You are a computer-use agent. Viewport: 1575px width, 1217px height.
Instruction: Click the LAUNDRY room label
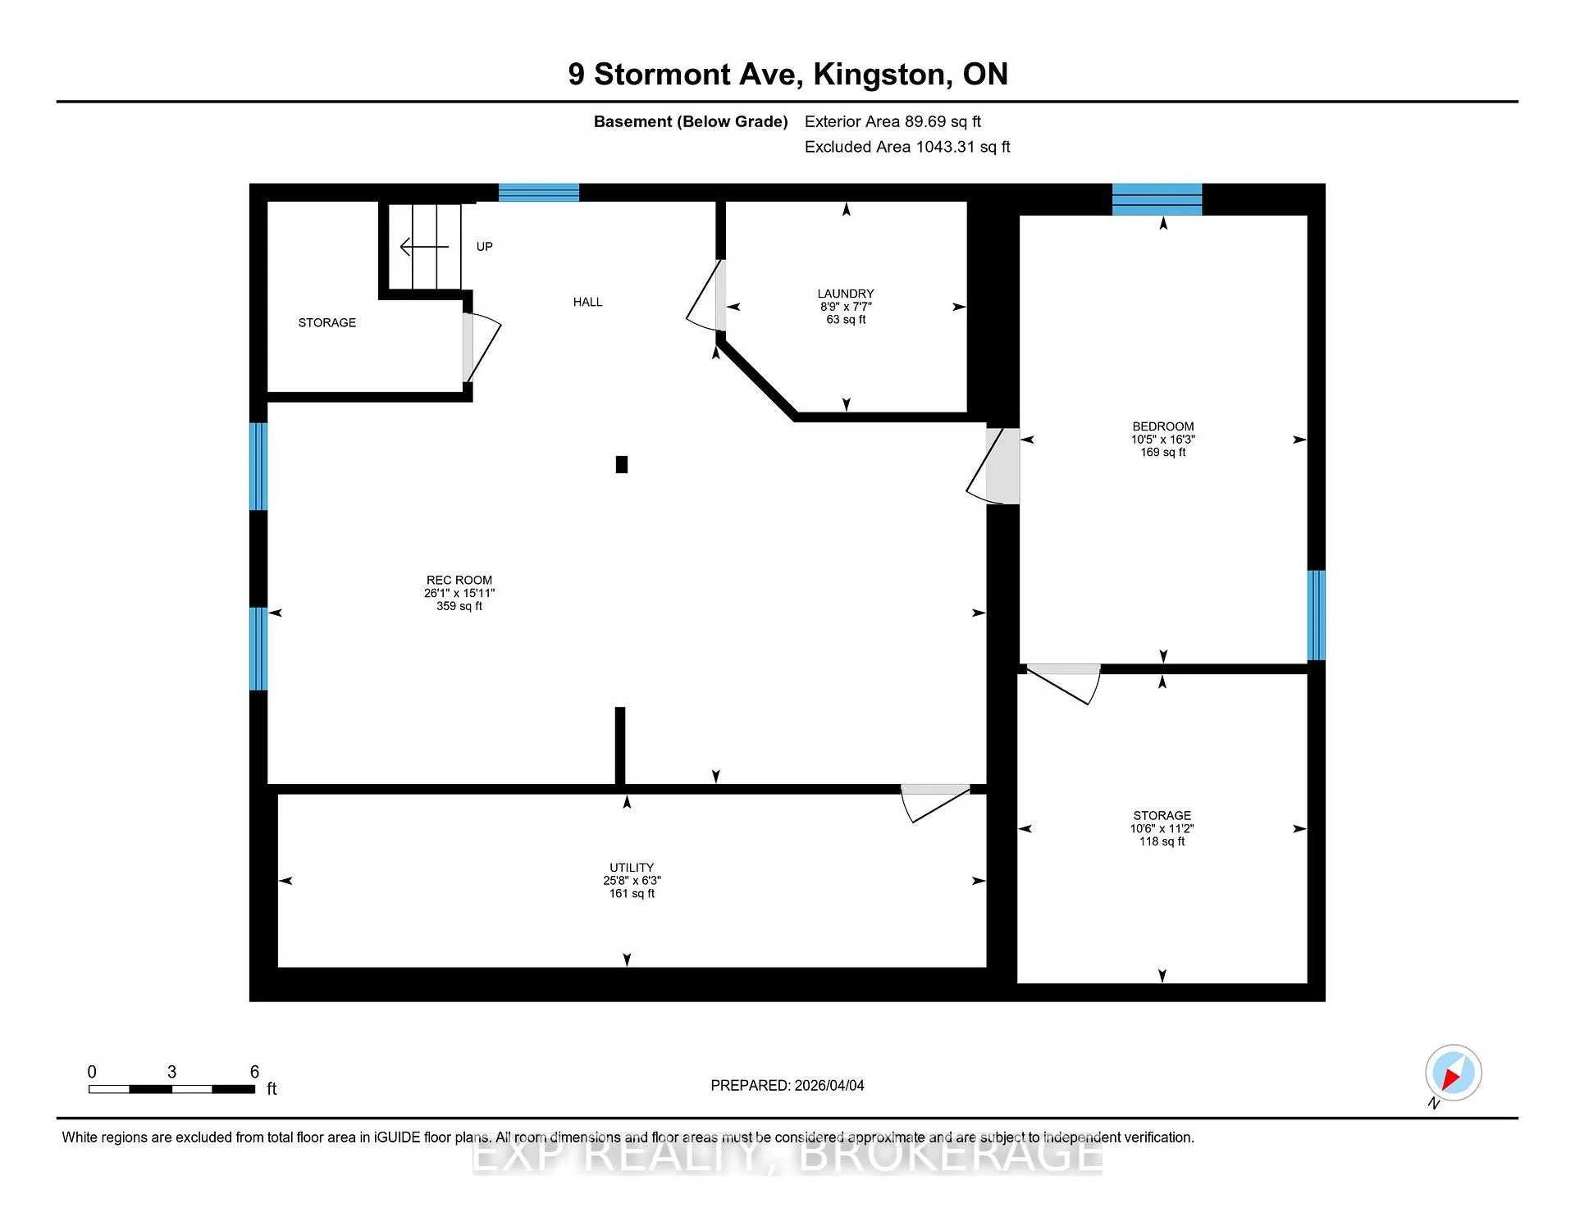coord(846,294)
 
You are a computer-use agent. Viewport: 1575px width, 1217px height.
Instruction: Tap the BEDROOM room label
coord(1163,426)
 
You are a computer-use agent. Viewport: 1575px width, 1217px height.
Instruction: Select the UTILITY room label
coord(632,868)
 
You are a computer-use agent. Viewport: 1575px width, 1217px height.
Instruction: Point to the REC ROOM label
coord(459,580)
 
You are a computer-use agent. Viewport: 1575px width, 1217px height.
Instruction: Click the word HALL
coord(587,302)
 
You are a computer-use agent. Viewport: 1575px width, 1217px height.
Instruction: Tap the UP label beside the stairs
coord(485,246)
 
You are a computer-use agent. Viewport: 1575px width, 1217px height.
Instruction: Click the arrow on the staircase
coord(424,246)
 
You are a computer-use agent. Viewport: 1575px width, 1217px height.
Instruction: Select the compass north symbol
coord(1453,1073)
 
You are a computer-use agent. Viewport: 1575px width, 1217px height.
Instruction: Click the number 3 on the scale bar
coord(171,1072)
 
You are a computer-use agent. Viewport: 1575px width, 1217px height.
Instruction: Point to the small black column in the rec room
coord(622,465)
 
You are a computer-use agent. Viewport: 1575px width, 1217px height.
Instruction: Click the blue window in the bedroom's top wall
coord(1157,199)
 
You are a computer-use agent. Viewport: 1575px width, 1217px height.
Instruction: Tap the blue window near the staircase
coord(539,193)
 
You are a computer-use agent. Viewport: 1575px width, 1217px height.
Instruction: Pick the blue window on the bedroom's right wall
coord(1316,615)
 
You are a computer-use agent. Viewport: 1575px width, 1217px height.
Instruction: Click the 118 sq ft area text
coord(1162,841)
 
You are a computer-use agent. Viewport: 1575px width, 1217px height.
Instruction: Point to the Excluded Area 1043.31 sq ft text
coord(907,147)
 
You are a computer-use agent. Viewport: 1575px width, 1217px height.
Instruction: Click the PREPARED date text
coord(787,1085)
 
